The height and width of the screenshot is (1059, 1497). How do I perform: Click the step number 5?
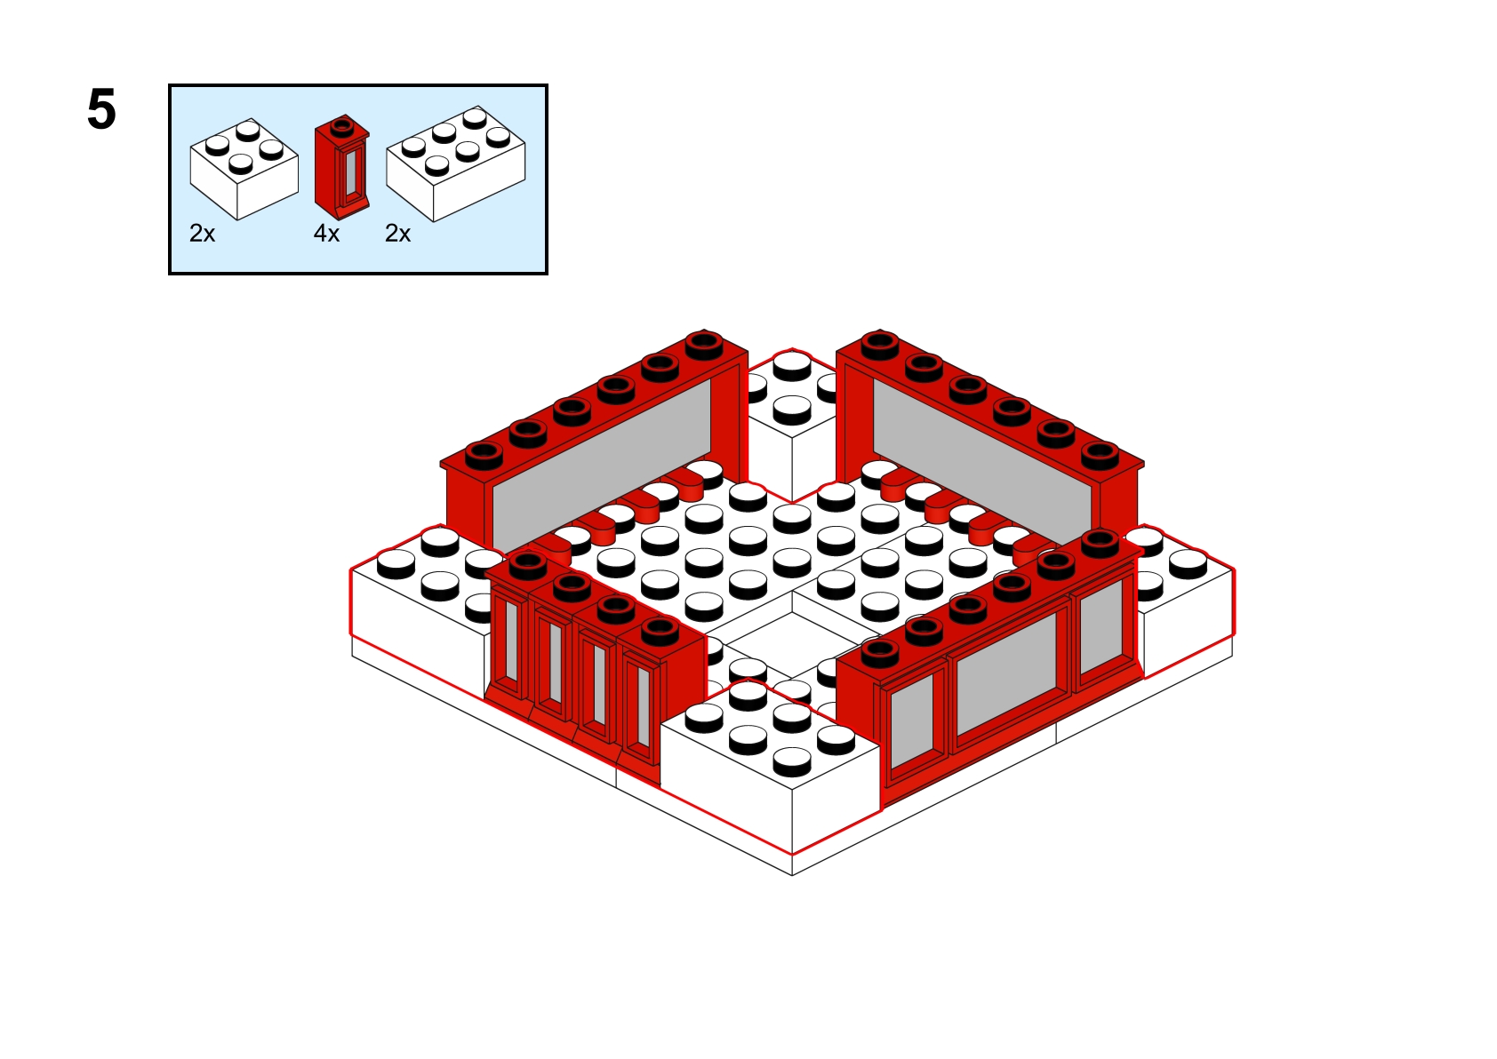point(101,109)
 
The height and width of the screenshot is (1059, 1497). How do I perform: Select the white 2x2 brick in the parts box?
point(244,169)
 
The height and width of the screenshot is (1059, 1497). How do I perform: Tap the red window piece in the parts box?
point(341,166)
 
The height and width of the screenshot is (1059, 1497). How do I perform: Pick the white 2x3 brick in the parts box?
point(456,163)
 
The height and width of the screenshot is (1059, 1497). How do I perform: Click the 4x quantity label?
point(327,234)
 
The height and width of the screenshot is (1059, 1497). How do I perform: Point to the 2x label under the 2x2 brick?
point(203,234)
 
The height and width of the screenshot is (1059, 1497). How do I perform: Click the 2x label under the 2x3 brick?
point(397,234)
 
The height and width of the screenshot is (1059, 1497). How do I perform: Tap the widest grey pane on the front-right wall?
point(1006,673)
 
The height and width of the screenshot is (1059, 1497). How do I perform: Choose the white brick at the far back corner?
point(793,427)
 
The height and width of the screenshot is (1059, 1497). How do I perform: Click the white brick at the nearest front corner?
point(770,768)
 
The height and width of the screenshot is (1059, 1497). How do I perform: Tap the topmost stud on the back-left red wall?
point(704,343)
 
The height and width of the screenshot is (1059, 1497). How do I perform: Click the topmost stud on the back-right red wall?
point(880,343)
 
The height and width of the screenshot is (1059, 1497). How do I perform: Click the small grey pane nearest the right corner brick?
point(1101,626)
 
